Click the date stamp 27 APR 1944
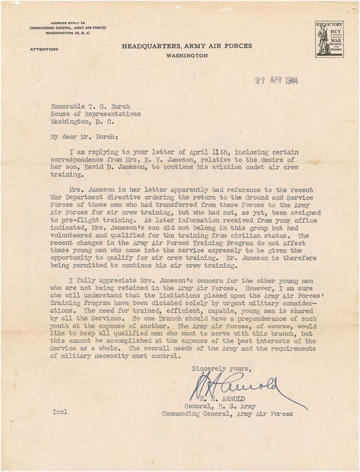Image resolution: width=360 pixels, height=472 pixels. tap(276, 80)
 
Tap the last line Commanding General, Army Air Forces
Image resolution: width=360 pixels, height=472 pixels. tap(228, 422)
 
